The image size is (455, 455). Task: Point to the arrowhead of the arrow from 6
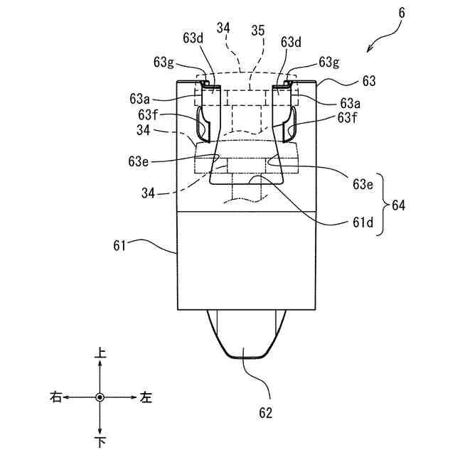click(369, 51)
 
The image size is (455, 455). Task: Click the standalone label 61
click(119, 246)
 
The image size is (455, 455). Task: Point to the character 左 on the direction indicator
click(146, 397)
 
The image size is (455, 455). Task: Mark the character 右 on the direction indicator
click(55, 397)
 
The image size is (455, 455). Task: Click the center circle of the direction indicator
click(100, 397)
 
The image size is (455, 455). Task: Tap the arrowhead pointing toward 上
click(100, 363)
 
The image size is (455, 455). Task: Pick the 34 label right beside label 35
click(223, 28)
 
